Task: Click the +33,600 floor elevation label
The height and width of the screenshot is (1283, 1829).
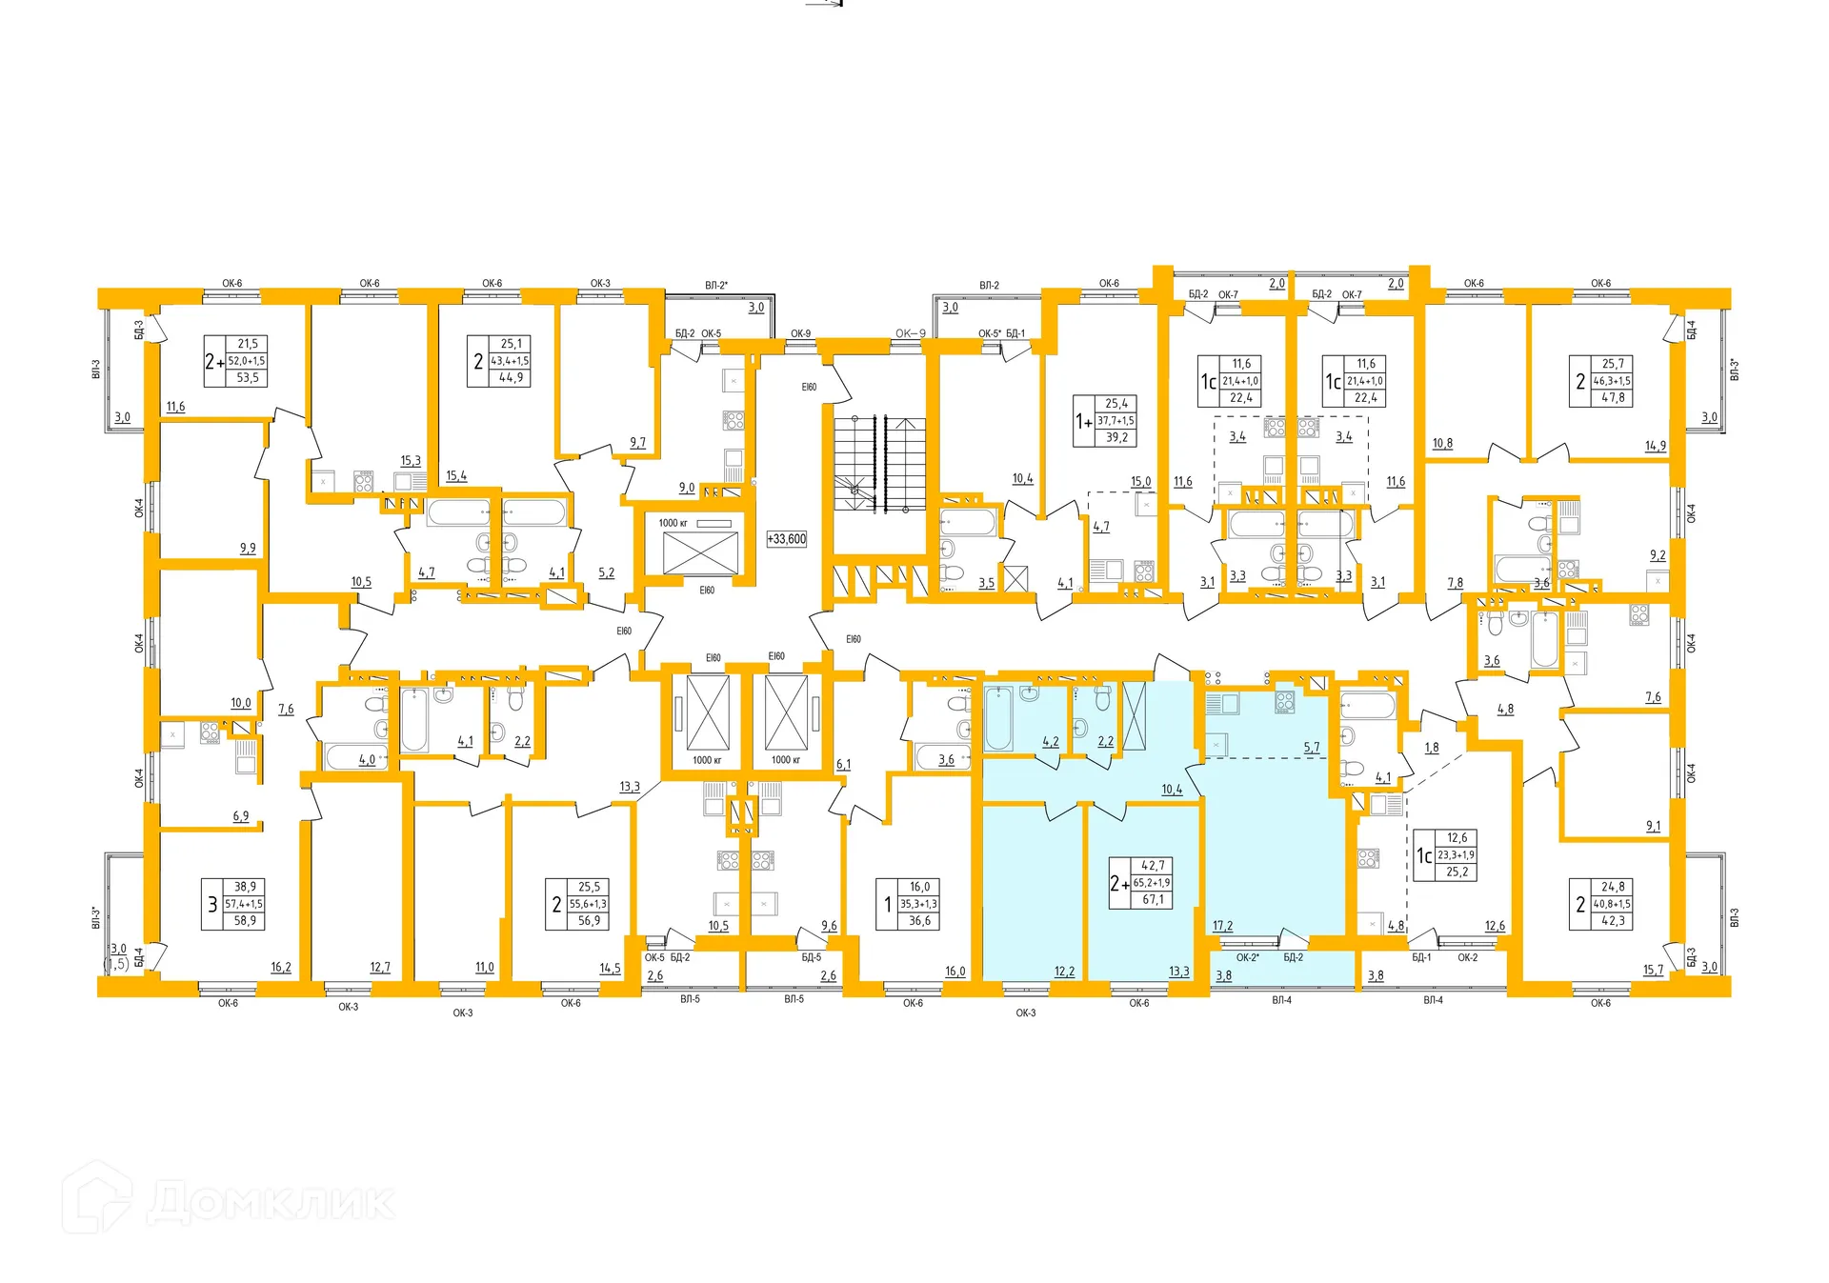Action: [x=786, y=539]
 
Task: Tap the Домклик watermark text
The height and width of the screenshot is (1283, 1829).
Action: [x=271, y=1202]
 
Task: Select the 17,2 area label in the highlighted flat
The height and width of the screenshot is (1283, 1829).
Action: [x=1222, y=926]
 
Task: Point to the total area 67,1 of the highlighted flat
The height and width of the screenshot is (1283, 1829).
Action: [x=1153, y=899]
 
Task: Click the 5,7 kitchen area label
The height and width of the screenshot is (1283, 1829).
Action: [x=1312, y=748]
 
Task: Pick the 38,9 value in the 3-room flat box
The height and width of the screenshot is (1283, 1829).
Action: [x=245, y=887]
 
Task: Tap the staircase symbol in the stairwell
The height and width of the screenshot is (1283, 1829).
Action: [x=879, y=464]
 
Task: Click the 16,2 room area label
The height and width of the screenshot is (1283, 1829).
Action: [x=281, y=967]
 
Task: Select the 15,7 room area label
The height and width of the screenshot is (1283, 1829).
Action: [x=1653, y=970]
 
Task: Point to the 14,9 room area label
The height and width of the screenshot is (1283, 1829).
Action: [x=1656, y=446]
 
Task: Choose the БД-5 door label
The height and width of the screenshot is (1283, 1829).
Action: [x=811, y=957]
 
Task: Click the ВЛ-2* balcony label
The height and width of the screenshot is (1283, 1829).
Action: [x=716, y=285]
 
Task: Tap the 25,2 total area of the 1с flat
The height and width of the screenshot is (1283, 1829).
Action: [x=1457, y=872]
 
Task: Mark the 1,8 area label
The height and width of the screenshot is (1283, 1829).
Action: [x=1432, y=748]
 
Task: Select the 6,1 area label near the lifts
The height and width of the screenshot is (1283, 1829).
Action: [x=843, y=764]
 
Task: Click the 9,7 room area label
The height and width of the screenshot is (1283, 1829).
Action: [x=637, y=443]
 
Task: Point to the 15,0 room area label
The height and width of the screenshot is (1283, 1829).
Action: [x=1140, y=482]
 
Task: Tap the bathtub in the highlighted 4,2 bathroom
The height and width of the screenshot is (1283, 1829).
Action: [x=998, y=719]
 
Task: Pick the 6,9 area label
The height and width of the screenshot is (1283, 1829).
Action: [x=241, y=816]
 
